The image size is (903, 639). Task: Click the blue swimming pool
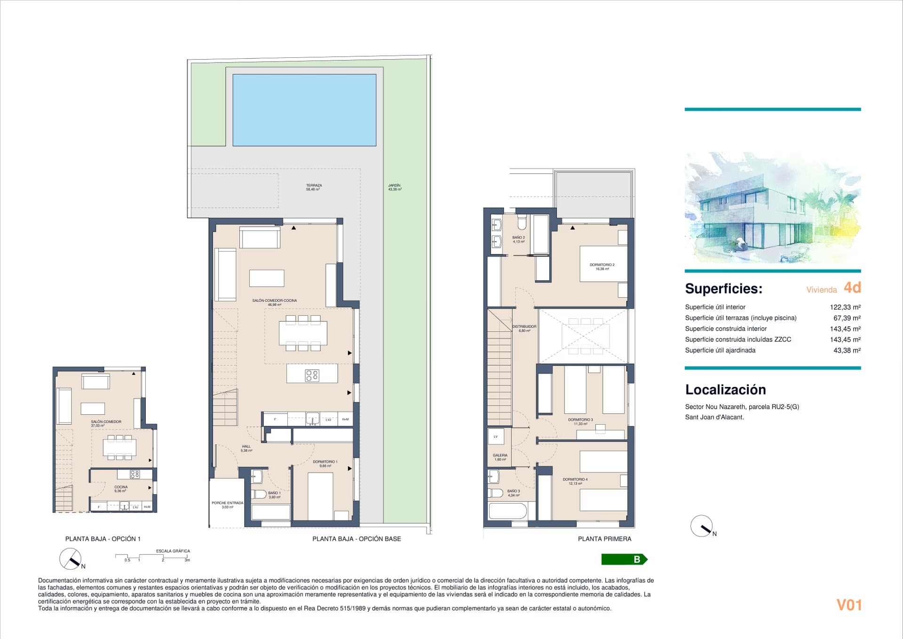tap(304, 110)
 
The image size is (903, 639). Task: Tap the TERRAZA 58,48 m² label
tap(314, 187)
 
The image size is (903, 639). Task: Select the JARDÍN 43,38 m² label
tap(395, 187)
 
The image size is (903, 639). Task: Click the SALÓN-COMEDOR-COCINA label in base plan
tap(274, 302)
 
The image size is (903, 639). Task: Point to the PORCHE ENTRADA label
tap(227, 505)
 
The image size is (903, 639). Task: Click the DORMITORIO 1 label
tap(325, 464)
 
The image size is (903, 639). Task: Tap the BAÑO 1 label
tap(274, 495)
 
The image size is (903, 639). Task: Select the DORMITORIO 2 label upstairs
tap(602, 267)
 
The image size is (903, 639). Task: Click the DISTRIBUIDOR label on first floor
tap(524, 328)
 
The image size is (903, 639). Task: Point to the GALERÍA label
tap(500, 457)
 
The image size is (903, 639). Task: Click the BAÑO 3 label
tap(514, 493)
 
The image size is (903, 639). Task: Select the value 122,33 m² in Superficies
tap(845, 307)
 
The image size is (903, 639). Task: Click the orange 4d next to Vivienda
tap(852, 287)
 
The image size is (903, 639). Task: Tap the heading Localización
tap(725, 389)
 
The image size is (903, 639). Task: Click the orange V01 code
tap(849, 605)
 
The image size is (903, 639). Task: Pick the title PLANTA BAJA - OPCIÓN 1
tap(103, 539)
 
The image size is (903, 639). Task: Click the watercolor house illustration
tap(772, 207)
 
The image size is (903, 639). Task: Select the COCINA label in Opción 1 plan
tap(121, 489)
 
